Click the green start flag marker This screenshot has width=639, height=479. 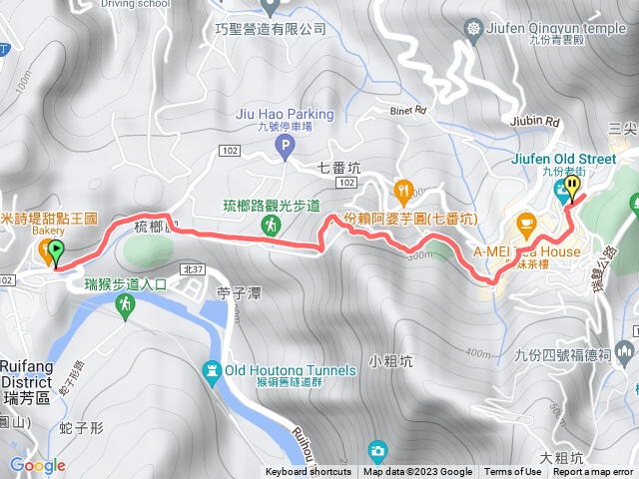click(x=56, y=252)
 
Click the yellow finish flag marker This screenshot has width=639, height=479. click(x=572, y=187)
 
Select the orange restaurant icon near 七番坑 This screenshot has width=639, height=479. click(x=403, y=188)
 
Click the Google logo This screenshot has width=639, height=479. click(x=37, y=465)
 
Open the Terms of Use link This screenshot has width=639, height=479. click(x=513, y=472)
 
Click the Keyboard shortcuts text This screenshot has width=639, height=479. click(x=309, y=472)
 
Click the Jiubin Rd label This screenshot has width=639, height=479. click(x=539, y=122)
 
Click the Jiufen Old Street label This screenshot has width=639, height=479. click(x=577, y=156)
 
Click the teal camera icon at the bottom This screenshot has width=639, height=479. click(x=376, y=450)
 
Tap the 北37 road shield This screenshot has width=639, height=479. click(x=193, y=269)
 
